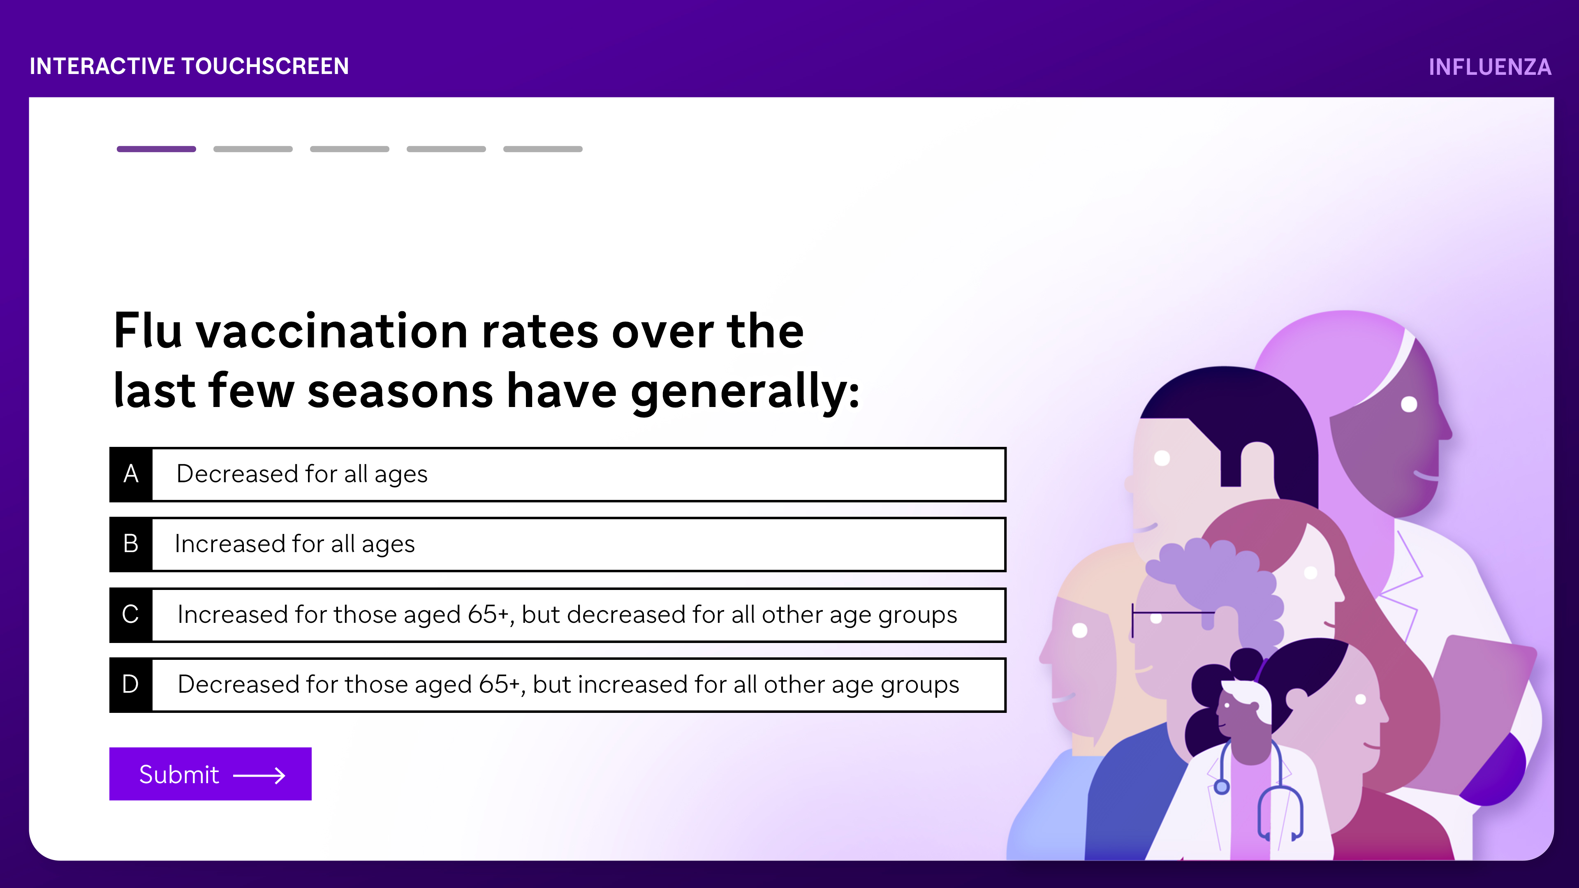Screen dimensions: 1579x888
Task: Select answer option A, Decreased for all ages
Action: (558, 474)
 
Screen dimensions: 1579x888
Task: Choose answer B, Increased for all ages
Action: (558, 544)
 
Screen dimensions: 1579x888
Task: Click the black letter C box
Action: (131, 615)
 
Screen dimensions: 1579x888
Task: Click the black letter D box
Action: (131, 684)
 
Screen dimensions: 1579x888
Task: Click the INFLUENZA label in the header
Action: (1489, 67)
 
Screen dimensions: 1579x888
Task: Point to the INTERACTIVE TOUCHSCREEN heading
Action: (190, 66)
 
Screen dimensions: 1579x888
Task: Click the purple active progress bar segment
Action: (156, 149)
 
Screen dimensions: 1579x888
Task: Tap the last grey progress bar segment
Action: (542, 149)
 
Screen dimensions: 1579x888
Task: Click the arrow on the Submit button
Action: (259, 775)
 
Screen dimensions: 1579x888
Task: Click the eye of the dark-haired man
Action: (1162, 458)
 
